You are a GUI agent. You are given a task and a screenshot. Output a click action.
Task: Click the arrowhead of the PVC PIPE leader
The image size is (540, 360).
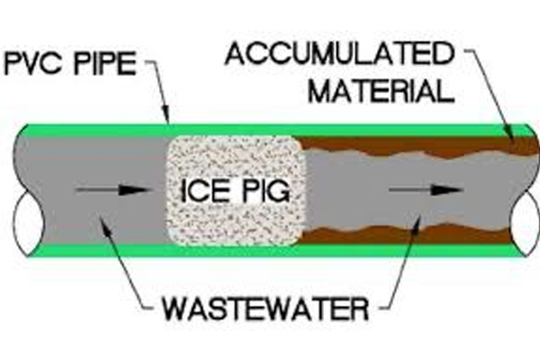167,119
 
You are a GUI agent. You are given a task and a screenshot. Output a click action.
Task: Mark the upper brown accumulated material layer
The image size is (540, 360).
405,144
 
